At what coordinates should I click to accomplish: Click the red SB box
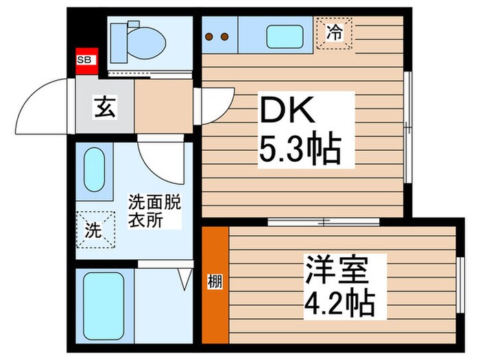86,60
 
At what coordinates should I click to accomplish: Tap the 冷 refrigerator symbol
334,32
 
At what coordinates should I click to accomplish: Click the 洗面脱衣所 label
156,212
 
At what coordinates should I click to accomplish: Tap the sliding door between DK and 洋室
323,221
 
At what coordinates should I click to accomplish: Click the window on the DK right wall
408,128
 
